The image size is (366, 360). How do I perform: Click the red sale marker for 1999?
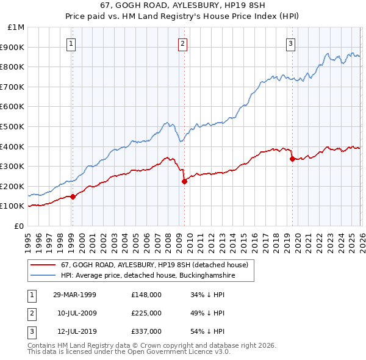click(x=73, y=196)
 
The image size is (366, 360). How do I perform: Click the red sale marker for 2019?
click(x=292, y=159)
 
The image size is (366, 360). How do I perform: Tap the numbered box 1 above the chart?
click(x=72, y=43)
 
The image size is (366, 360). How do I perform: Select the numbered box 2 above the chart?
click(x=182, y=43)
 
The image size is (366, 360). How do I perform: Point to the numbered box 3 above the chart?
click(x=290, y=43)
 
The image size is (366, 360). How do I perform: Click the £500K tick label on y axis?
click(x=13, y=126)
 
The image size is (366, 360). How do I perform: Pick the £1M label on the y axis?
click(x=16, y=27)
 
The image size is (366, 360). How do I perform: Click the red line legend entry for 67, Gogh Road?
click(x=154, y=265)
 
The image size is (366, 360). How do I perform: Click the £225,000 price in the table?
click(x=146, y=313)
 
